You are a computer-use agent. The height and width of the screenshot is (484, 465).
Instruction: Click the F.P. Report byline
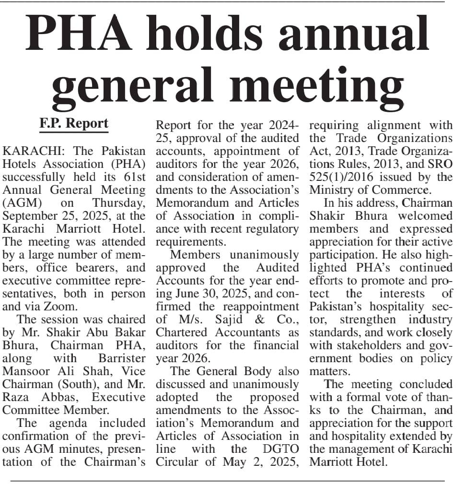pyautogui.click(x=74, y=123)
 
